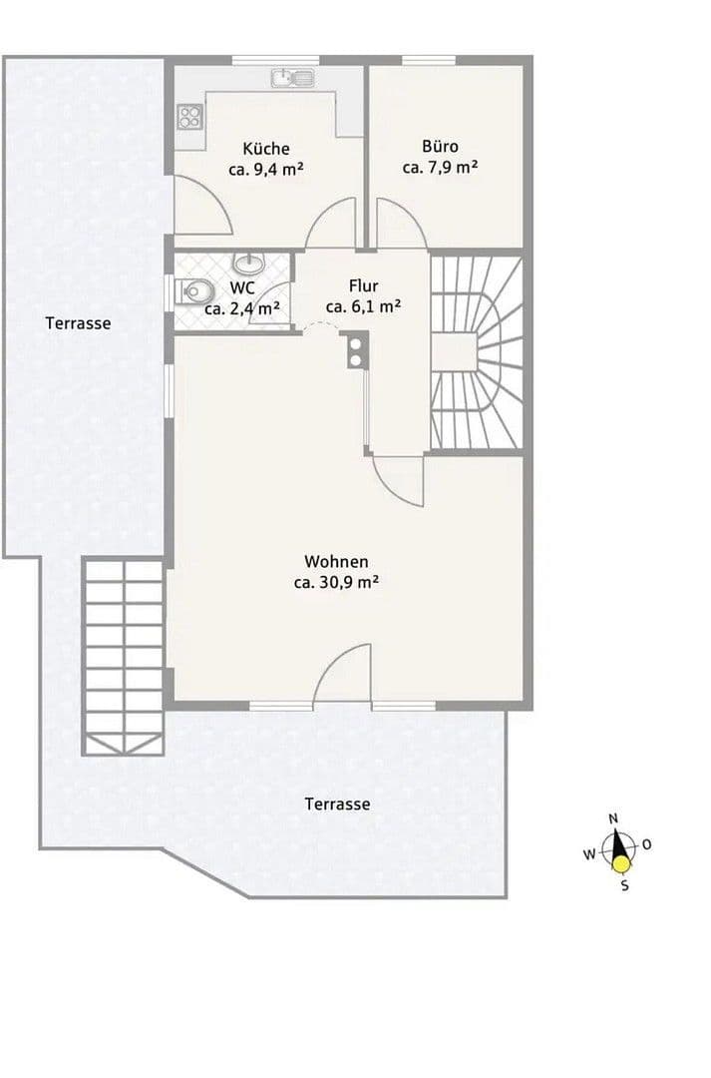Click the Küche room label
coord(265,149)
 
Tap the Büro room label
coord(440,147)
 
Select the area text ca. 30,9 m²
coord(335,583)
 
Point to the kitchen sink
coord(291,78)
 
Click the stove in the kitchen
coord(189,117)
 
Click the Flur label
coord(363,286)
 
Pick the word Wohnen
coord(336,562)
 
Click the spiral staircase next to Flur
coord(477,352)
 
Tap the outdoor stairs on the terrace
coord(123,656)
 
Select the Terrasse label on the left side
coord(78,323)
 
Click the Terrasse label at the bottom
coord(338,804)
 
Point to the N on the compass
coord(613,818)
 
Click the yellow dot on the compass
coord(622,865)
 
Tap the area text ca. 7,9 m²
coord(440,168)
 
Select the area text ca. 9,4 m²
coord(265,170)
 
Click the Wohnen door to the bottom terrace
coord(343,679)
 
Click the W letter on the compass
coord(589,854)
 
